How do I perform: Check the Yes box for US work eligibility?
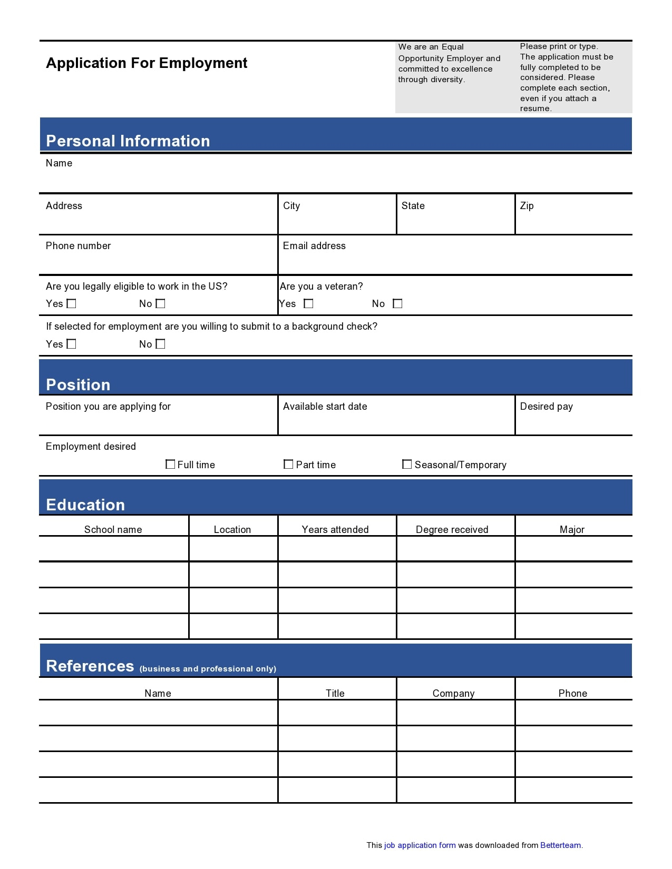72,303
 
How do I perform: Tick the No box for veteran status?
398,303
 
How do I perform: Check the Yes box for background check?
72,344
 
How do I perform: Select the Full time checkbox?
170,464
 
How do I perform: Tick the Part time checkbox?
288,464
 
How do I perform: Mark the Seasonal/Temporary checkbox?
407,464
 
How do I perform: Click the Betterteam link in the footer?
560,845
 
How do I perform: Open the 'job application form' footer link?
420,845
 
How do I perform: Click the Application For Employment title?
147,63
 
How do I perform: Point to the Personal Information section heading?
128,141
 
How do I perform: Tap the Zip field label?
527,206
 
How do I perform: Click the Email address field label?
314,246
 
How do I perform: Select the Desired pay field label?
546,407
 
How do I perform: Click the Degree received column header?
452,529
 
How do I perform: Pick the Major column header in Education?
572,529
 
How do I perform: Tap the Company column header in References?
453,693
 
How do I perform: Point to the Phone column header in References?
572,693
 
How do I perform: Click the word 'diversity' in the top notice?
446,80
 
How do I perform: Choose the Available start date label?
325,407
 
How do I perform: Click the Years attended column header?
335,529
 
